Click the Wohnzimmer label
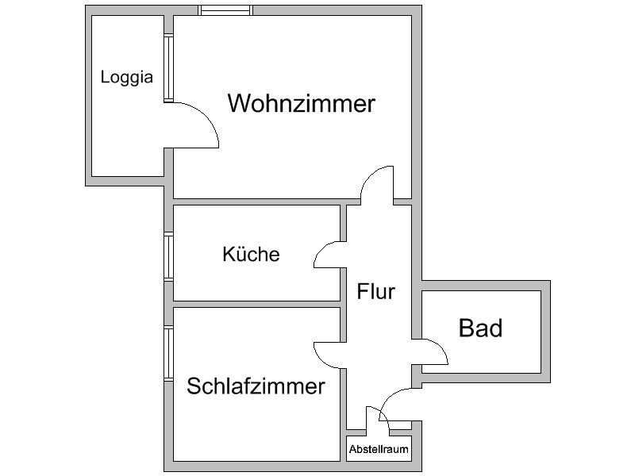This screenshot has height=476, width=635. click(x=301, y=104)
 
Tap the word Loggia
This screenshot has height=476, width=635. click(x=127, y=78)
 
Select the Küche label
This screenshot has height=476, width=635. click(x=251, y=255)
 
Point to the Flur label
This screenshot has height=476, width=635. click(x=375, y=291)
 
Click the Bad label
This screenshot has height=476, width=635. click(x=480, y=328)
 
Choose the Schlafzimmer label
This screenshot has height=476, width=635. click(x=256, y=386)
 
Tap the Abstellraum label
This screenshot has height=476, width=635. click(x=379, y=449)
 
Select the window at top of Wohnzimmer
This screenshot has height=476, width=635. click(x=225, y=10)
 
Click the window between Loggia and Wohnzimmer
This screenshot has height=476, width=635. click(x=168, y=68)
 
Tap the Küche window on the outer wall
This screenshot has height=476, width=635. click(x=168, y=255)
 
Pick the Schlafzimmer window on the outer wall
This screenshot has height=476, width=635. click(x=168, y=353)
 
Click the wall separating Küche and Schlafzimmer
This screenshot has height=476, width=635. click(x=256, y=304)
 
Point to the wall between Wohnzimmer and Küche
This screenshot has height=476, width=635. click(x=256, y=202)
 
